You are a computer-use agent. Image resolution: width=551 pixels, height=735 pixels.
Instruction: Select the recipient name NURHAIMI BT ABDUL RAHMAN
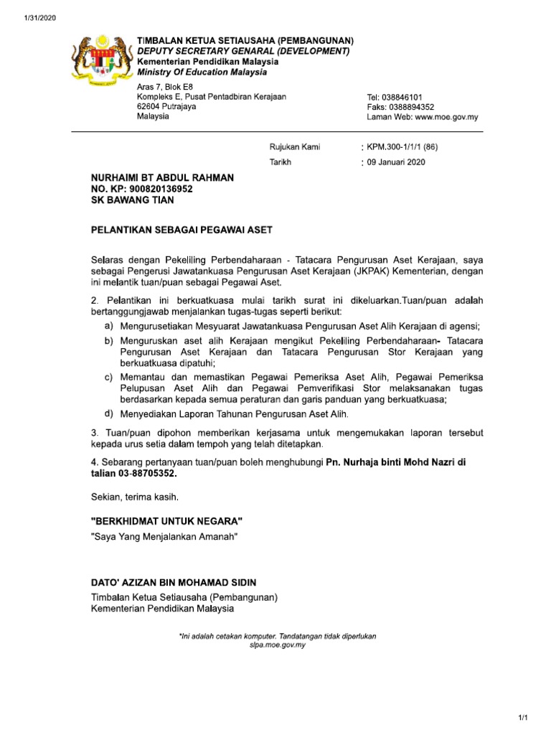pos(162,177)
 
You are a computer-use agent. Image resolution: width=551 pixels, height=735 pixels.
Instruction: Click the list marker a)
pos(109,326)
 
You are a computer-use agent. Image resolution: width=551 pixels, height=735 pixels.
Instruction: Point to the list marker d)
pos(109,413)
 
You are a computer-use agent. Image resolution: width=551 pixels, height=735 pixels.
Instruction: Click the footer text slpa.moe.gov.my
pos(277,645)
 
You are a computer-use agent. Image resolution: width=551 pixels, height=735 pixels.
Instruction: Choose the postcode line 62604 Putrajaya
pos(166,106)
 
